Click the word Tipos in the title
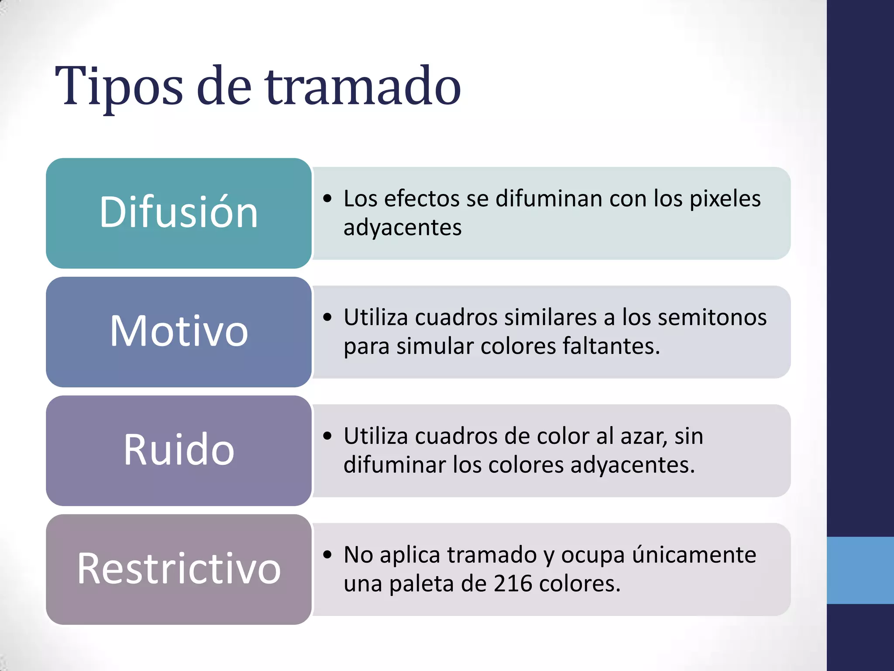(x=119, y=87)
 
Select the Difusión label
(x=179, y=213)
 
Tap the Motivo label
(x=179, y=332)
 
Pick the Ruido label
(x=179, y=450)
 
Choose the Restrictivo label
(x=179, y=569)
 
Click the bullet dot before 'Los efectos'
(x=328, y=199)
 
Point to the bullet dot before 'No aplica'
(x=328, y=555)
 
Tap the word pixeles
(x=725, y=199)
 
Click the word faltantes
(x=611, y=346)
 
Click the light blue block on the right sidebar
(x=860, y=570)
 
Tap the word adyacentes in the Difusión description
(x=402, y=228)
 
